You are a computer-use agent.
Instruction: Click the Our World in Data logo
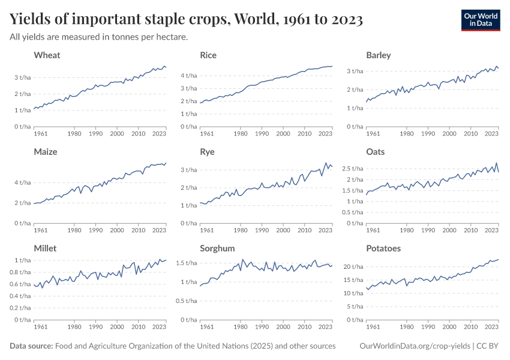pos(480,19)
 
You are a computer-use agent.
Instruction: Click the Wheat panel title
pos(47,55)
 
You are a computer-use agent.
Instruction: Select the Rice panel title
pos(208,55)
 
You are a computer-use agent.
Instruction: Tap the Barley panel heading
pos(378,55)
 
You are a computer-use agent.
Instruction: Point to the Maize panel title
pos(46,152)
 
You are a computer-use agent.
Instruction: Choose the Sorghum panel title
pos(217,248)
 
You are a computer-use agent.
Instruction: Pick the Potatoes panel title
pos(383,248)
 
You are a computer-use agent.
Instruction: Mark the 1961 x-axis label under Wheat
pos(41,134)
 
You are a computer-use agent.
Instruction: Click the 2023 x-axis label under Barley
pos(491,134)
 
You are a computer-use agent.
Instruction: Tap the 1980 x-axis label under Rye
pos(241,230)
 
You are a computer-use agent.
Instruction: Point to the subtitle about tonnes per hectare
pos(99,37)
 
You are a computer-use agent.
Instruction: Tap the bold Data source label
pos(31,346)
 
